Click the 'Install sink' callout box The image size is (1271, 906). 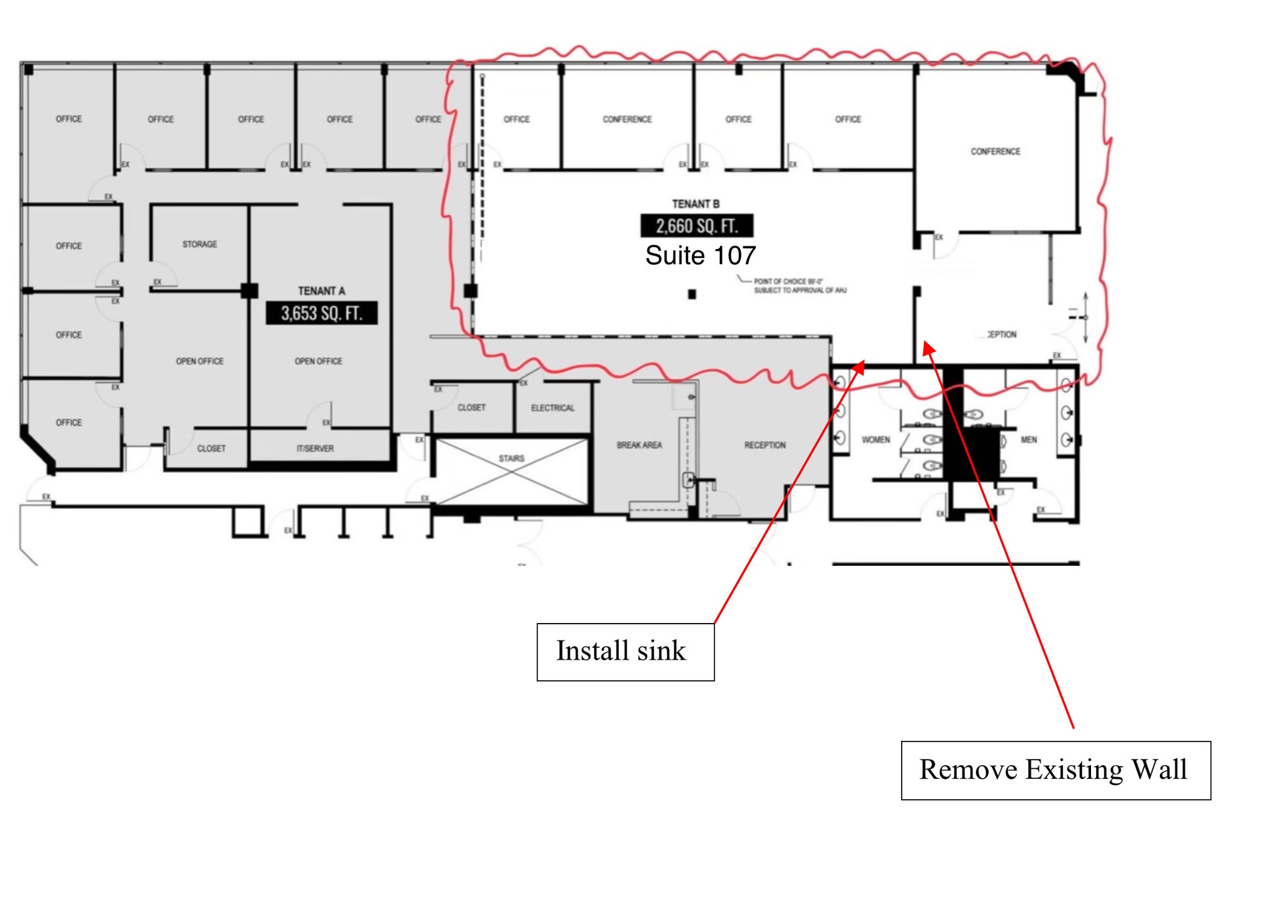coord(625,652)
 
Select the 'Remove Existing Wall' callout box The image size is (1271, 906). coord(1055,770)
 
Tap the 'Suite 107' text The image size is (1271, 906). coord(700,256)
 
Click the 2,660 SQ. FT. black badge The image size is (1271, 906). coord(697,226)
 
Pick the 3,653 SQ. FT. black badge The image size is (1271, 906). coord(321,313)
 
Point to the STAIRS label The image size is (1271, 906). coord(511,459)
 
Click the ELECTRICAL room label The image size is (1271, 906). coord(552,408)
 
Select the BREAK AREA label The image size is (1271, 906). coord(639,445)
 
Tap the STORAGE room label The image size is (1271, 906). coord(200,244)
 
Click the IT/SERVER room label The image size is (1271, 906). coord(315,449)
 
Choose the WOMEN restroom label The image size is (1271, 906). coord(876,440)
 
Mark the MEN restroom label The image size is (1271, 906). coord(1028,440)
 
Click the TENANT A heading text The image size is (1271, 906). coord(321,291)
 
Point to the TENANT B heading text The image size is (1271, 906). coord(696,204)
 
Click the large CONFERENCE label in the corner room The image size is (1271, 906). coord(995,151)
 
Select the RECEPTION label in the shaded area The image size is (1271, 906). coord(765,445)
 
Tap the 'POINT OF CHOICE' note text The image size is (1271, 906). coord(799,285)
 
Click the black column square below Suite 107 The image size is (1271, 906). coord(692,295)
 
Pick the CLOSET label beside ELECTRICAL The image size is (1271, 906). coord(471,408)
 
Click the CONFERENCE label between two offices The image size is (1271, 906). coord(627,119)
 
